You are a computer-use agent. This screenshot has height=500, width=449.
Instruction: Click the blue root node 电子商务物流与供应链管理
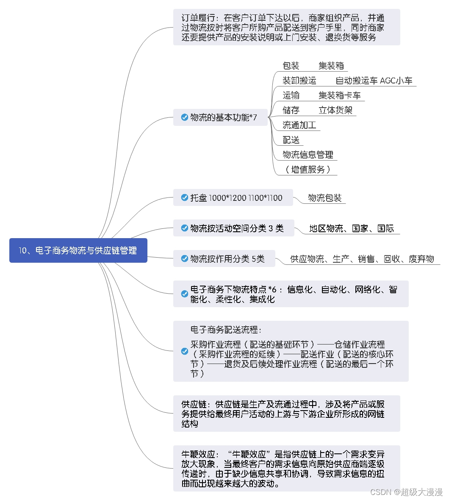click(x=78, y=250)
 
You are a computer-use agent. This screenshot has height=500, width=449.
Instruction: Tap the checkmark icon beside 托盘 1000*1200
click(x=185, y=197)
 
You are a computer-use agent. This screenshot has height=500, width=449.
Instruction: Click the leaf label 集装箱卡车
click(x=339, y=95)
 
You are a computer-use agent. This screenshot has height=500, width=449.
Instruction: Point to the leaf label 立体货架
click(x=335, y=110)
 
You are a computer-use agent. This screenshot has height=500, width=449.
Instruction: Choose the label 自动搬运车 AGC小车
click(x=374, y=81)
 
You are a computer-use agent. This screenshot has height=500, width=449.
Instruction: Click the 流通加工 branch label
click(x=299, y=125)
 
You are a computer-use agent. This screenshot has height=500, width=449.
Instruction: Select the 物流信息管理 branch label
click(x=308, y=155)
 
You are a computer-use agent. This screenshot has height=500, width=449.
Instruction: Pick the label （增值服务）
click(x=308, y=169)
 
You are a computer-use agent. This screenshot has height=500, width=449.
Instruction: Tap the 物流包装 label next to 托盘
click(x=324, y=198)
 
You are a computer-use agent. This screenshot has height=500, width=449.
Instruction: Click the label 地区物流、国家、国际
click(x=351, y=228)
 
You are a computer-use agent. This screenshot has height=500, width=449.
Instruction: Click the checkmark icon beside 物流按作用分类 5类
click(x=185, y=258)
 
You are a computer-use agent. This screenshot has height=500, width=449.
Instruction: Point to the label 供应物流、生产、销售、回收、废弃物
click(x=362, y=259)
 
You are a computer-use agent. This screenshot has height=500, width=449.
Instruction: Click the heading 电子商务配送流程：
click(x=226, y=330)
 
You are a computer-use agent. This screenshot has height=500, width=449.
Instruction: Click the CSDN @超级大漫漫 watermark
click(x=406, y=492)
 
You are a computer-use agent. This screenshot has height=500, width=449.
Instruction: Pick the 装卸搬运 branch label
click(x=299, y=81)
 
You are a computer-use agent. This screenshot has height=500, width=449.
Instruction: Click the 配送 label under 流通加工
click(x=291, y=140)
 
